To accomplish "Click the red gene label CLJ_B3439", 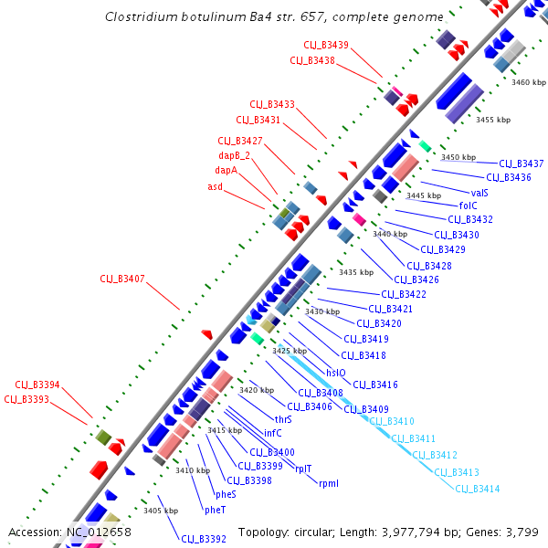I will [x=326, y=45].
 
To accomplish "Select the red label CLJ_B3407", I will [x=122, y=279].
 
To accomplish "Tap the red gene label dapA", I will [x=226, y=170].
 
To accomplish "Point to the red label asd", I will [x=215, y=186].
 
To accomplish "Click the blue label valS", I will [x=479, y=193].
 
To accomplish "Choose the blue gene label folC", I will [x=469, y=206].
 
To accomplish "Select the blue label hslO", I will [x=335, y=373].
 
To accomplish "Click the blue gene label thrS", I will [x=283, y=419].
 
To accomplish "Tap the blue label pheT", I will [x=216, y=510].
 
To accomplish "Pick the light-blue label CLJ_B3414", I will [x=478, y=489].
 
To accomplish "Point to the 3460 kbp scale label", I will [x=529, y=82].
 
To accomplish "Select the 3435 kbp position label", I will [x=355, y=272].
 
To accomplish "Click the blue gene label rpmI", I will [x=328, y=482].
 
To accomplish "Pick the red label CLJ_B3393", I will [x=26, y=399].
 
